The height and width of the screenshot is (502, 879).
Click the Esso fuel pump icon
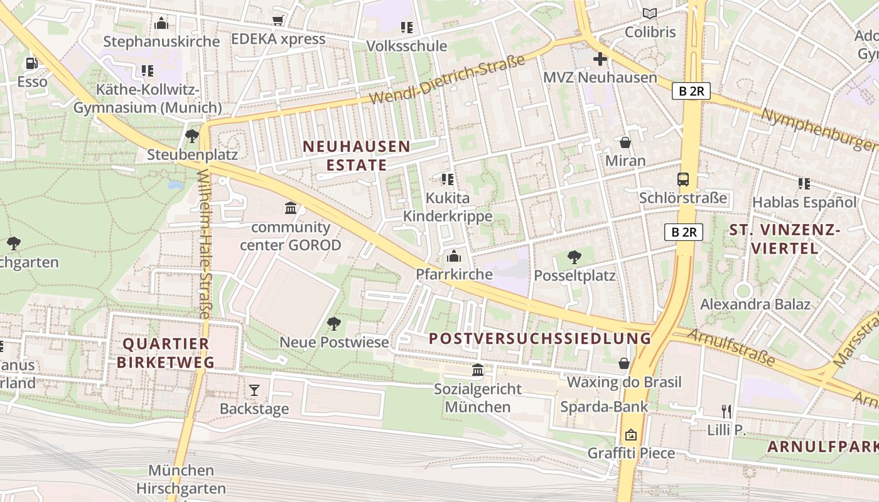(x=31, y=63)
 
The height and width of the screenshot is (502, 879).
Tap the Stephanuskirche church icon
(x=161, y=24)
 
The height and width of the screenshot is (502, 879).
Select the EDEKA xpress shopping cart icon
(x=278, y=21)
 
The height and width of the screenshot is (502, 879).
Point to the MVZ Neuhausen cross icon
(x=600, y=60)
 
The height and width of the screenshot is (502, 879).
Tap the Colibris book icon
(x=650, y=13)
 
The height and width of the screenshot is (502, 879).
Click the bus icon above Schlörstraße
(x=683, y=179)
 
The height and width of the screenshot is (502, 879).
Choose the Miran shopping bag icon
(x=625, y=142)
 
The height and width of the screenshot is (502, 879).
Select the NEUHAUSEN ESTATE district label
(x=357, y=156)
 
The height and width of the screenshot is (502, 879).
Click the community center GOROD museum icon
(x=291, y=208)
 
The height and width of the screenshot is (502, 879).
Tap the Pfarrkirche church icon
(x=453, y=256)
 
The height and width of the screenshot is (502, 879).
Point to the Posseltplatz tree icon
(x=574, y=257)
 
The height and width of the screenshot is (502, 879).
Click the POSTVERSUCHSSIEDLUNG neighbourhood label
(x=540, y=338)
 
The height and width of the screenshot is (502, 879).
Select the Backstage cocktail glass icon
(x=254, y=390)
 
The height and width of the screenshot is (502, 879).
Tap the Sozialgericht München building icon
(x=478, y=370)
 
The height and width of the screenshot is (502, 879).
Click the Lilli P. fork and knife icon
(x=726, y=412)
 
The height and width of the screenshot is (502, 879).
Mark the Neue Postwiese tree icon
(x=334, y=324)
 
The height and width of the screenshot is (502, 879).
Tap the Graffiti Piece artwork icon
(x=631, y=435)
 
